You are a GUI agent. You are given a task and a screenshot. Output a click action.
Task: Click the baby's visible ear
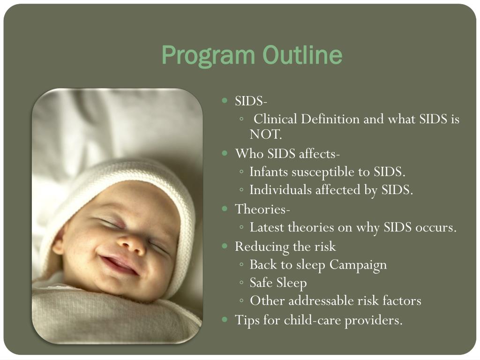pyautogui.click(x=58, y=245)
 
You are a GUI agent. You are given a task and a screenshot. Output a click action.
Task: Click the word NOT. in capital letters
pyautogui.click(x=265, y=135)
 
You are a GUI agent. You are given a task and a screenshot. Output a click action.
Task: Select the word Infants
pyautogui.click(x=269, y=172)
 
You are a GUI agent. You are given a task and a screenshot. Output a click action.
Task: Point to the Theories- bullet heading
pyautogui.click(x=262, y=209)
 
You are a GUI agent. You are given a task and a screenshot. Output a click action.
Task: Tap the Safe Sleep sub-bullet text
pyautogui.click(x=278, y=283)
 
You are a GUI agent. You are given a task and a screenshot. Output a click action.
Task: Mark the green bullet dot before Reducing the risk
pyautogui.click(x=225, y=246)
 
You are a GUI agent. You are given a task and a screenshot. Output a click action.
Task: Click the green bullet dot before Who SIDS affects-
pyautogui.click(x=225, y=153)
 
